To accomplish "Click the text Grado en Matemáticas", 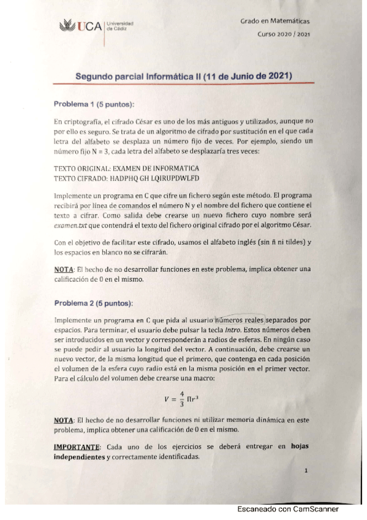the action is point(274,22).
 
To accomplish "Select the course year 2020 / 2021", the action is point(284,34).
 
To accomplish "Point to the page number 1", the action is point(305,471).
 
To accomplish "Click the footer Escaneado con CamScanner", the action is point(288,509).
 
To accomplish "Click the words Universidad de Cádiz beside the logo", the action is point(120,27).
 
